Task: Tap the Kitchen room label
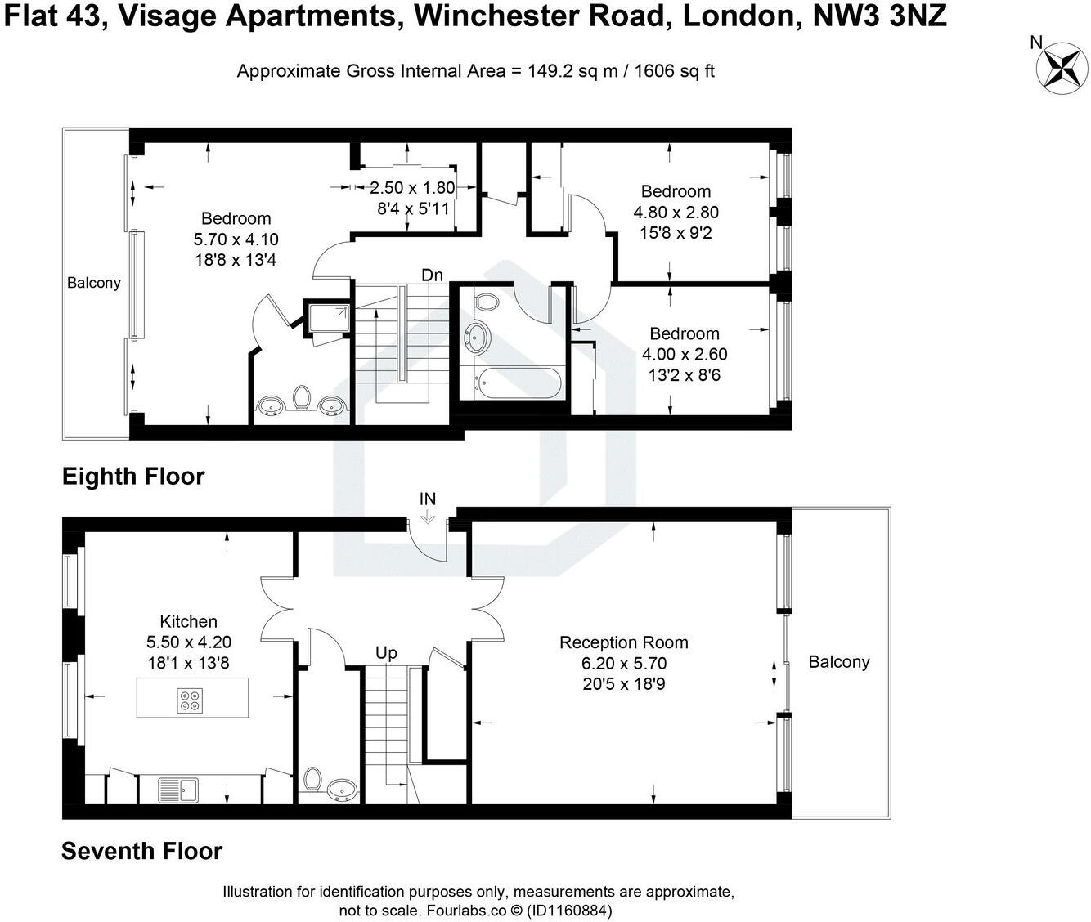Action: point(188,621)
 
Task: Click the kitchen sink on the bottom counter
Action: point(177,790)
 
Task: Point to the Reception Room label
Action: point(623,642)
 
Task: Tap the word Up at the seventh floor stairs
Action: point(386,652)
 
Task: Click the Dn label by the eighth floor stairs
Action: point(432,275)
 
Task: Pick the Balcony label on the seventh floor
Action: point(838,662)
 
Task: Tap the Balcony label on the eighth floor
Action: point(93,283)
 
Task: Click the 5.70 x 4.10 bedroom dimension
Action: point(236,239)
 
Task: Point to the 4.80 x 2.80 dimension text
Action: point(676,213)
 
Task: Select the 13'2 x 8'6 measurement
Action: point(684,376)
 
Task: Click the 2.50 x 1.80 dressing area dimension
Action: point(412,188)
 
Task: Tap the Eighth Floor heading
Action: point(133,477)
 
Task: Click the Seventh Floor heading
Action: point(141,851)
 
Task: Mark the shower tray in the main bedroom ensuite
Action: point(327,317)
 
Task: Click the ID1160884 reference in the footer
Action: point(570,910)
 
